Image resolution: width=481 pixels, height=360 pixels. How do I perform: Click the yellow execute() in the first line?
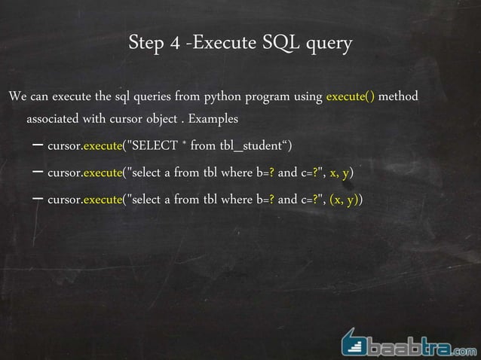[x=351, y=98]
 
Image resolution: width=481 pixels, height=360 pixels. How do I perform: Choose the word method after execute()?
[x=397, y=98]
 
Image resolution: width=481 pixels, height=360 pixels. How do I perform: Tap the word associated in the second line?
[x=57, y=120]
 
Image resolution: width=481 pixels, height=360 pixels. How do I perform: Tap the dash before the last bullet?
[x=37, y=200]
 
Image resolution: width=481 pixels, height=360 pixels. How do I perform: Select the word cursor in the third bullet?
[x=63, y=200]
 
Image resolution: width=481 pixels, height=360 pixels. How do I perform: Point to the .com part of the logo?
[x=464, y=349]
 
